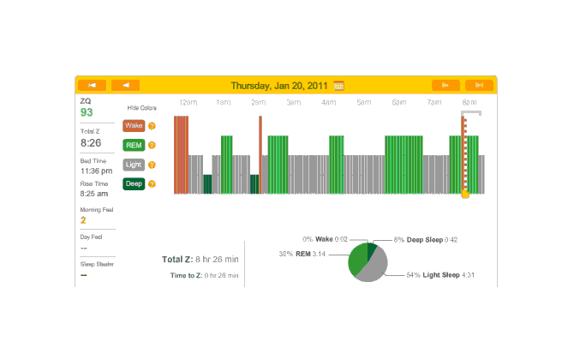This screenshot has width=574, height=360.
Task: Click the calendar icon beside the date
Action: coord(339,85)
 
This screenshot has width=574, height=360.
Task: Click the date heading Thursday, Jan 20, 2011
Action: coord(280,85)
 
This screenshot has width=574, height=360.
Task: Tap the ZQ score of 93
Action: coord(87,112)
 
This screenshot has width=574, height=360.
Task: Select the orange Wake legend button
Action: coord(134,126)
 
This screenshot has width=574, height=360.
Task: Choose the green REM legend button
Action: coord(134,145)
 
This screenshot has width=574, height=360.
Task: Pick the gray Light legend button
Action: coord(134,165)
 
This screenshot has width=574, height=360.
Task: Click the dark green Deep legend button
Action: coord(134,183)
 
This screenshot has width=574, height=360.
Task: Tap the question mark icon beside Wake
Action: coord(152,126)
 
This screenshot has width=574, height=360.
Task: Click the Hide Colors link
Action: coord(141,108)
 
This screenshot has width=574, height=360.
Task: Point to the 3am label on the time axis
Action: coord(293,103)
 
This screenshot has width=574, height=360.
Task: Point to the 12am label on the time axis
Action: coord(188,103)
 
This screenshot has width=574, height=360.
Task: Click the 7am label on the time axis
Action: coord(434,103)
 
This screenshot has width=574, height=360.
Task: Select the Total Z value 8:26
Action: coord(91,142)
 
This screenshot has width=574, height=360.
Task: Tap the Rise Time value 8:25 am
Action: coord(94,194)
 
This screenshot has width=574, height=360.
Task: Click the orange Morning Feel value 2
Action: coord(83,220)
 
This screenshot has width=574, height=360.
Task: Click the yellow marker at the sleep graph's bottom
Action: coord(465,195)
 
